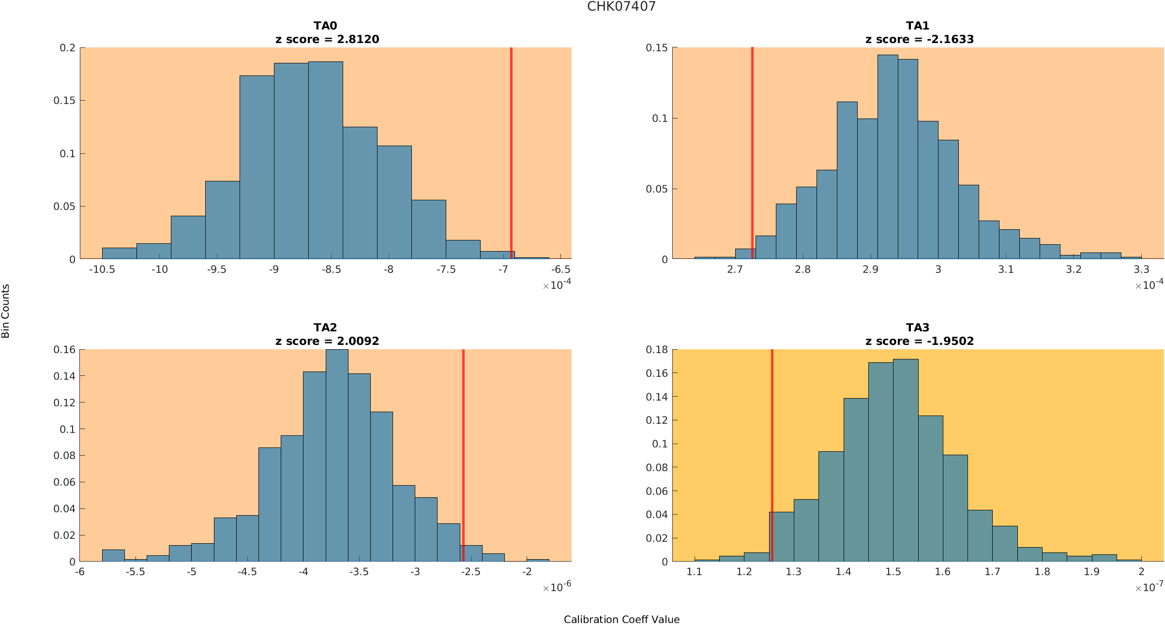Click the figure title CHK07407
(621, 7)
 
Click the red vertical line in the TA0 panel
(511, 145)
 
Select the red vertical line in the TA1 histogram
(752, 145)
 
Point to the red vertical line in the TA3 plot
(772, 435)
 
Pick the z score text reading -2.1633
(950, 40)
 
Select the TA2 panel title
(325, 327)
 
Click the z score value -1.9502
(950, 342)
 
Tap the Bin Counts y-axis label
(6, 311)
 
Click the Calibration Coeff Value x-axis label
(621, 620)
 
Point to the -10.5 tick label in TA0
(102, 269)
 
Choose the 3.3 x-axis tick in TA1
(1141, 269)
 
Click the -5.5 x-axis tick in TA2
(136, 572)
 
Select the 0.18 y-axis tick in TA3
(657, 350)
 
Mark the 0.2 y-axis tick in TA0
(68, 48)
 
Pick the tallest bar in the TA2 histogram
(337, 455)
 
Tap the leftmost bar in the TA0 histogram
(119, 253)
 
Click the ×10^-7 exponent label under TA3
(1149, 588)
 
